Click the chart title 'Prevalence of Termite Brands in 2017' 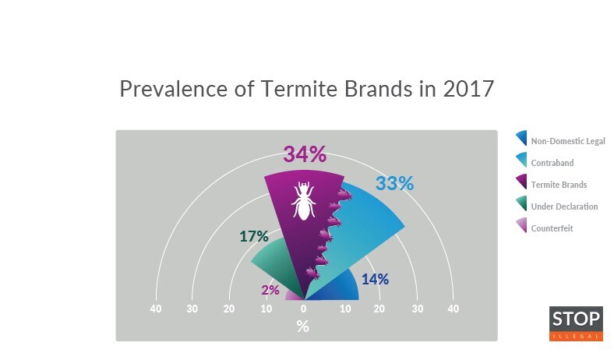pyautogui.click(x=306, y=88)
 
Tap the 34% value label pyautogui.click(x=304, y=154)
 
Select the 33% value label pyautogui.click(x=394, y=184)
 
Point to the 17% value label pyautogui.click(x=254, y=236)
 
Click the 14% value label pyautogui.click(x=375, y=279)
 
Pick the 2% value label pyautogui.click(x=270, y=290)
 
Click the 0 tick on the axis pyautogui.click(x=303, y=309)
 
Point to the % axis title pyautogui.click(x=303, y=326)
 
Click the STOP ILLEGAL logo pyautogui.click(x=576, y=323)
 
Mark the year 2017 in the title pyautogui.click(x=468, y=88)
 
